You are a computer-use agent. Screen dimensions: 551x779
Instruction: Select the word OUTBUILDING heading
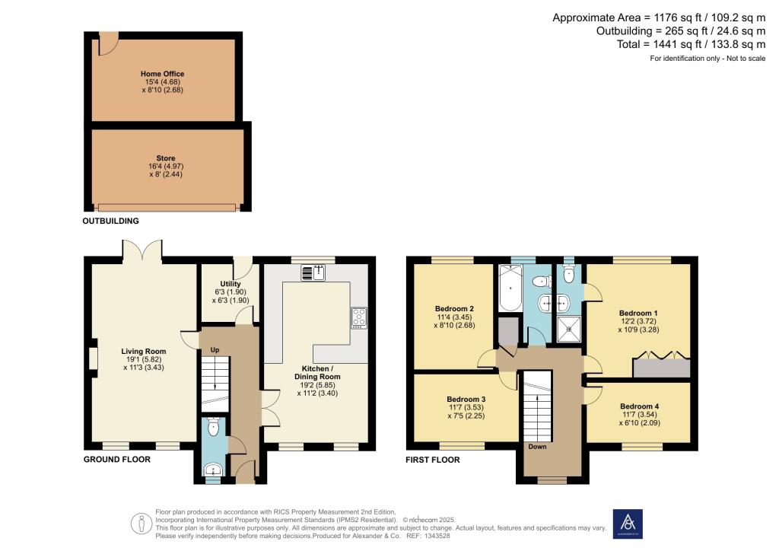pos(112,221)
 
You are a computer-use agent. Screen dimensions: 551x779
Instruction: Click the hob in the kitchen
pos(358,317)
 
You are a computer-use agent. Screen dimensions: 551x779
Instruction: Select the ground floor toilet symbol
pos(213,428)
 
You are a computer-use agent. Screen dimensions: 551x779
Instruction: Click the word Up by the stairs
pos(215,349)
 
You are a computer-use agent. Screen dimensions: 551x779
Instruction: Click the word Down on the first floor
pos(538,447)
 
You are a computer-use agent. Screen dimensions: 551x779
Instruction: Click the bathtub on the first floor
pos(510,290)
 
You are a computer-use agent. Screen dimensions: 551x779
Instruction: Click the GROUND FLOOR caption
pos(117,460)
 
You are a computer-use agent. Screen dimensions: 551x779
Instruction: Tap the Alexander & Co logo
pos(628,524)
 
